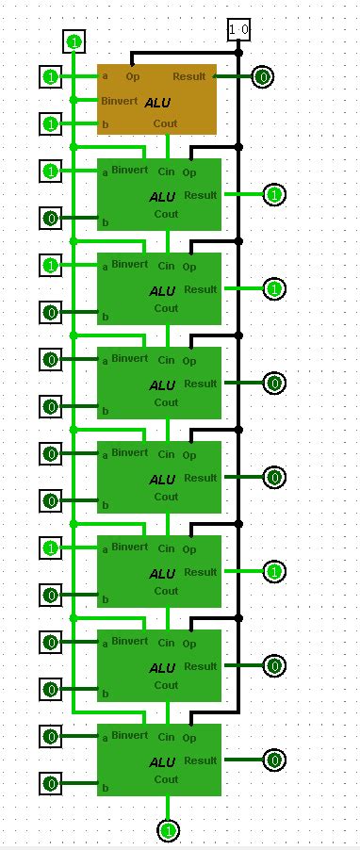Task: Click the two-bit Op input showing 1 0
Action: [x=239, y=31]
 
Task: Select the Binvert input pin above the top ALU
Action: [x=74, y=41]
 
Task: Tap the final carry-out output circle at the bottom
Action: [x=169, y=830]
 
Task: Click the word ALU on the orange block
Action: [x=157, y=102]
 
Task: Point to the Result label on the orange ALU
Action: [x=188, y=76]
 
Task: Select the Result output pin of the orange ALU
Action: [x=264, y=76]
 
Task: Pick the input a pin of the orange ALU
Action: [x=51, y=76]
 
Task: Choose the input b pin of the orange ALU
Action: [x=51, y=123]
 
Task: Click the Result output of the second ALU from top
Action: [x=274, y=195]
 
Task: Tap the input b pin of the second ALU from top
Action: [x=51, y=219]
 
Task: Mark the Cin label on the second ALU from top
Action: [x=166, y=172]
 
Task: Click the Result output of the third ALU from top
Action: [x=274, y=289]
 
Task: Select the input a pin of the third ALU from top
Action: [x=51, y=266]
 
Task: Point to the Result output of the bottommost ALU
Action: [x=274, y=760]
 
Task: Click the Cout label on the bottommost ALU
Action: [x=166, y=779]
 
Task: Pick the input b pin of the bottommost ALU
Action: [x=51, y=783]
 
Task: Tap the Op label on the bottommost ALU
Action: [x=189, y=738]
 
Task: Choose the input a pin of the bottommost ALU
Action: [x=51, y=736]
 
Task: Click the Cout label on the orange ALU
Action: [x=166, y=123]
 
